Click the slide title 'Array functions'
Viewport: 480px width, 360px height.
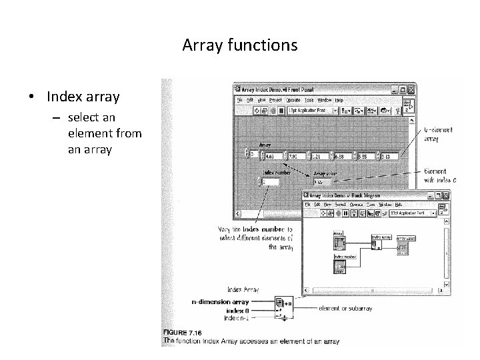click(239, 45)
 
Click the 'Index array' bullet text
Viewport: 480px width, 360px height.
click(83, 97)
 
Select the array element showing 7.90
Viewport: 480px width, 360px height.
click(297, 156)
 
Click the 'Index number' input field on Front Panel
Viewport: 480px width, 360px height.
click(271, 181)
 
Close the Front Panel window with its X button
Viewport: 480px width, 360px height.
click(411, 89)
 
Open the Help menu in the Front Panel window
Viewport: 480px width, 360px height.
click(339, 99)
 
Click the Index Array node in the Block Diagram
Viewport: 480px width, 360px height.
click(375, 243)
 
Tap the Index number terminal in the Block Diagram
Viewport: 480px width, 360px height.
click(339, 265)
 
